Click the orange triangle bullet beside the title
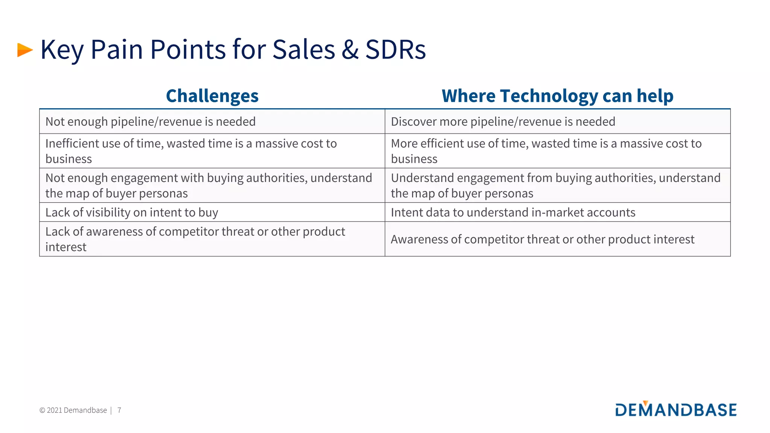point(25,50)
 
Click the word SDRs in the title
point(395,50)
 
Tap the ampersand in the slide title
point(350,50)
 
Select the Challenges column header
point(212,96)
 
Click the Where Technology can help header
point(557,96)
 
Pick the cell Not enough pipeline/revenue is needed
point(150,122)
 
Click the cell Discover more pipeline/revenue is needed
point(503,122)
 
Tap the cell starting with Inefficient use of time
point(191,151)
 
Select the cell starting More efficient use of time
point(546,151)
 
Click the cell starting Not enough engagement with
point(209,186)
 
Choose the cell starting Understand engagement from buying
point(555,186)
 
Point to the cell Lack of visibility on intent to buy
point(132,213)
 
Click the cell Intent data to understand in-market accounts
point(513,213)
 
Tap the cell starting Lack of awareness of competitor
point(195,239)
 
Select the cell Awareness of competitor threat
point(542,239)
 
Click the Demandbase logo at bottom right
point(676,409)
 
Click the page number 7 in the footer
point(119,410)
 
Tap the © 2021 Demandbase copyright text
point(73,410)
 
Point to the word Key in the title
point(62,50)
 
